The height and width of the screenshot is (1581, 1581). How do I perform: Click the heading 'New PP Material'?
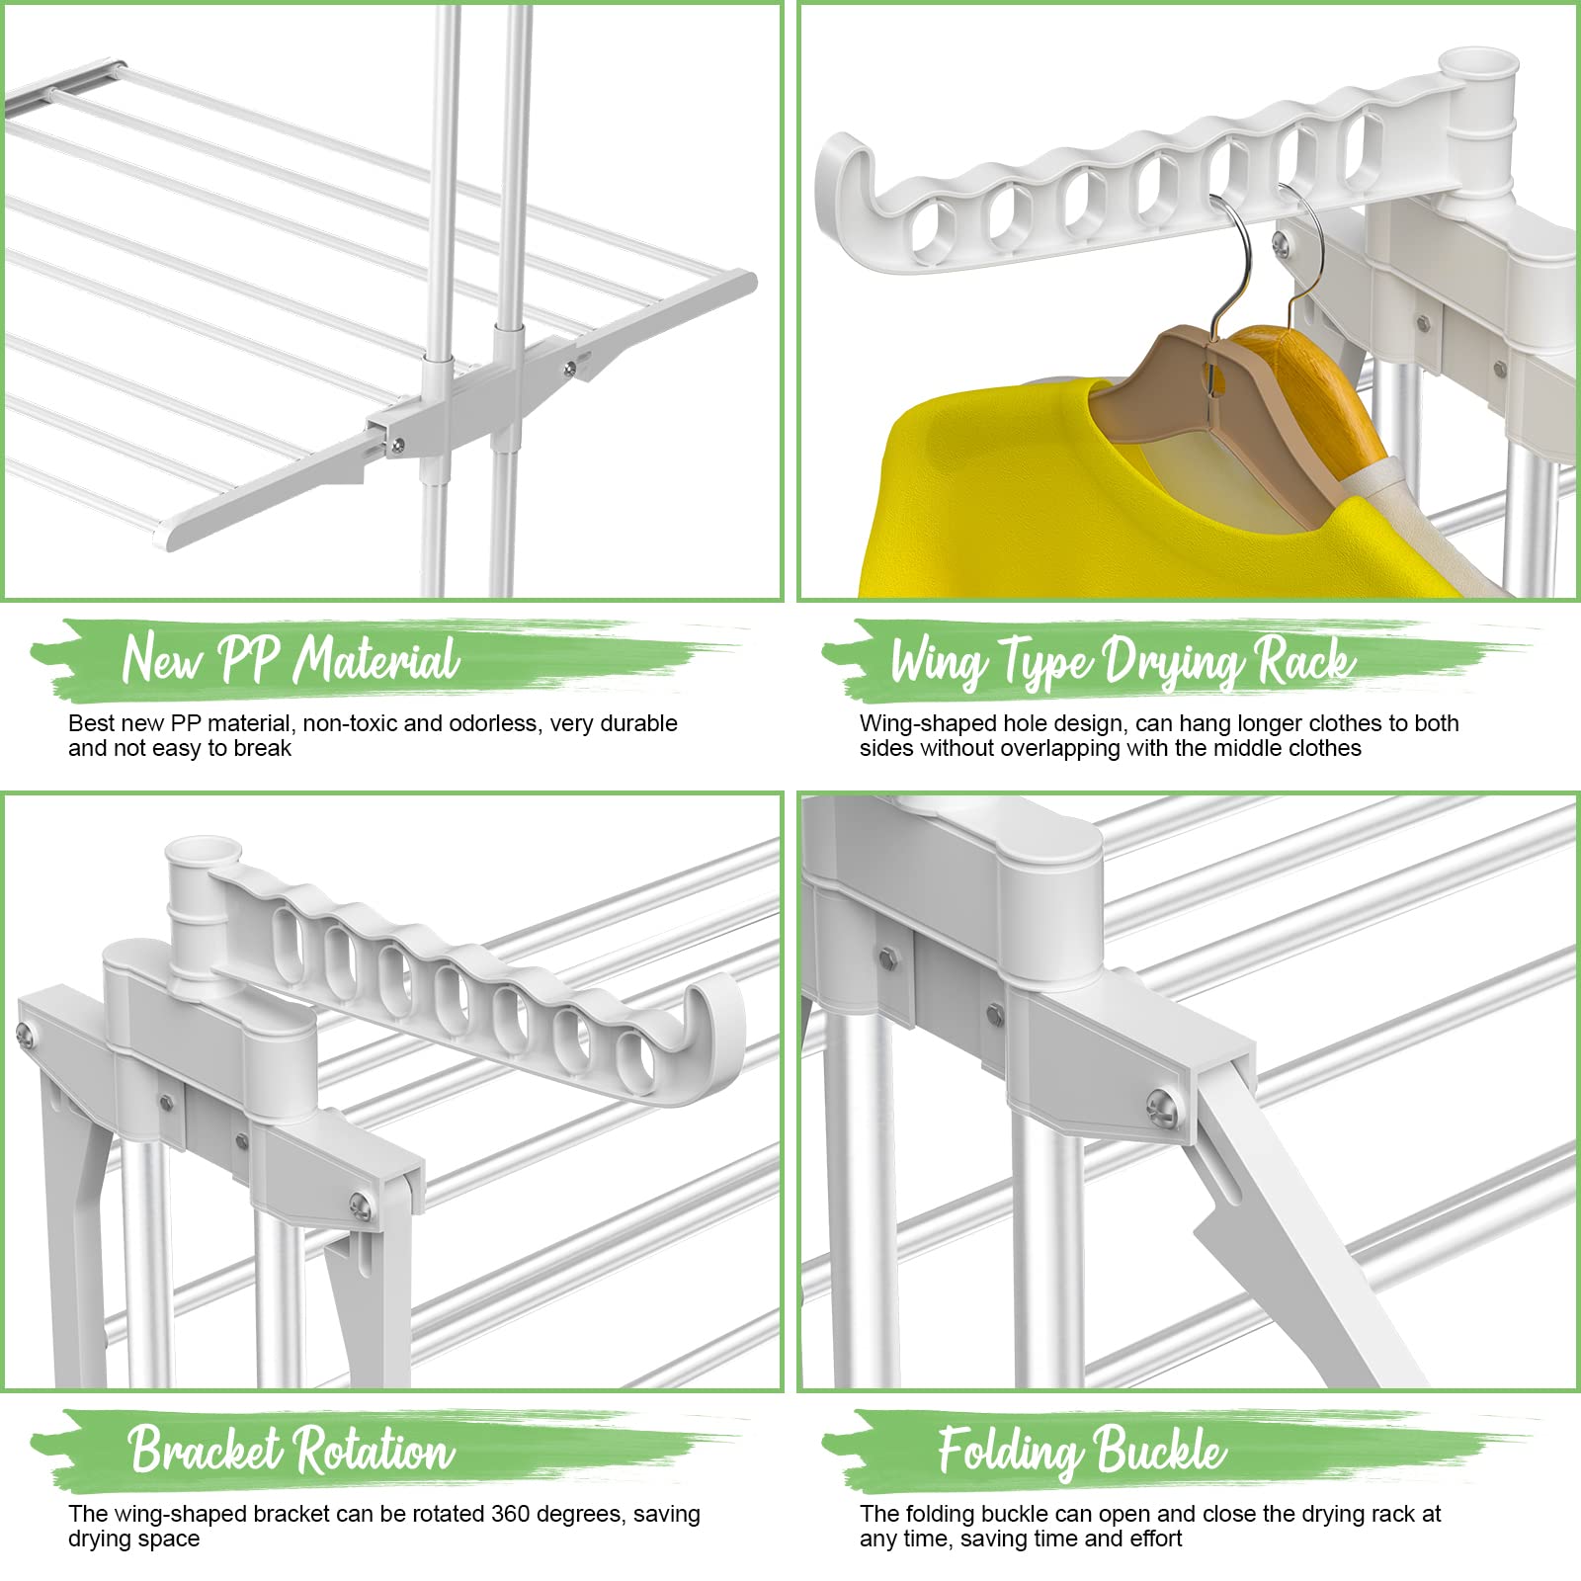tap(291, 659)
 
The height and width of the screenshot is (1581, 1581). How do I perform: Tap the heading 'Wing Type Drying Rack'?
tap(1123, 661)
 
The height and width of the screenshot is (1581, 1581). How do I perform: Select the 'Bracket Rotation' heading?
tap(291, 1450)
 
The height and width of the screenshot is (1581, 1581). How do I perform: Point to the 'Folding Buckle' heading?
tap(1082, 1451)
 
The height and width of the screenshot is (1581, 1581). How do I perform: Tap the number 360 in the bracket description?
tap(510, 1514)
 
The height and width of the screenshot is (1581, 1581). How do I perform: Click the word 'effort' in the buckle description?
tap(1150, 1539)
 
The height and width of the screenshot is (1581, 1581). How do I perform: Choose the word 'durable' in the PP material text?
tap(637, 723)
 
